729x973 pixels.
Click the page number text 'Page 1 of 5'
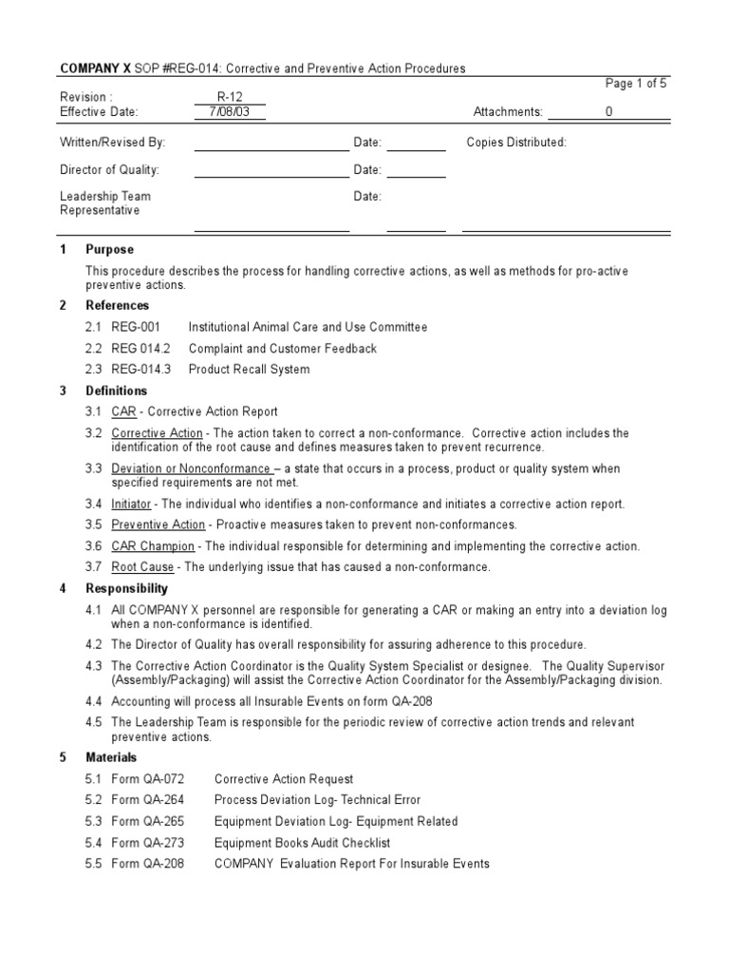pyautogui.click(x=636, y=84)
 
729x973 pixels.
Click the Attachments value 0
pyautogui.click(x=609, y=112)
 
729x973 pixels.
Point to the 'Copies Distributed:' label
pyautogui.click(x=516, y=143)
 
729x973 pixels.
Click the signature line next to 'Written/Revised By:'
pyautogui.click(x=271, y=148)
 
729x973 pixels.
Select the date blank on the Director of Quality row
pyautogui.click(x=416, y=176)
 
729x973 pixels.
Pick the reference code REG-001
pyautogui.click(x=136, y=327)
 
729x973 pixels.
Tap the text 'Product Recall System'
pyautogui.click(x=249, y=370)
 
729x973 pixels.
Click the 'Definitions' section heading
pyautogui.click(x=116, y=391)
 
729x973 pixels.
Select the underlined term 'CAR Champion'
pyautogui.click(x=153, y=546)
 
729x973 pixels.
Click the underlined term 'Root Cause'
pyautogui.click(x=143, y=567)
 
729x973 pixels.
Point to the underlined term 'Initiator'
pyautogui.click(x=131, y=504)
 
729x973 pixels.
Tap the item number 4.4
pyautogui.click(x=93, y=701)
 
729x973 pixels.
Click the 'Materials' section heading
pyautogui.click(x=111, y=757)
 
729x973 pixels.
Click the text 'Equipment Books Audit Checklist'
pyautogui.click(x=302, y=843)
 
